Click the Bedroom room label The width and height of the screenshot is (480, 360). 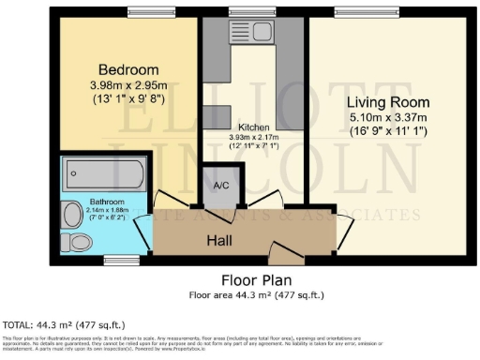(129, 70)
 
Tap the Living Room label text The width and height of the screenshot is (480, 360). (388, 102)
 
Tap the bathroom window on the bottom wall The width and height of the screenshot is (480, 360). (118, 258)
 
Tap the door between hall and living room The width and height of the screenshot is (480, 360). (344, 221)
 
